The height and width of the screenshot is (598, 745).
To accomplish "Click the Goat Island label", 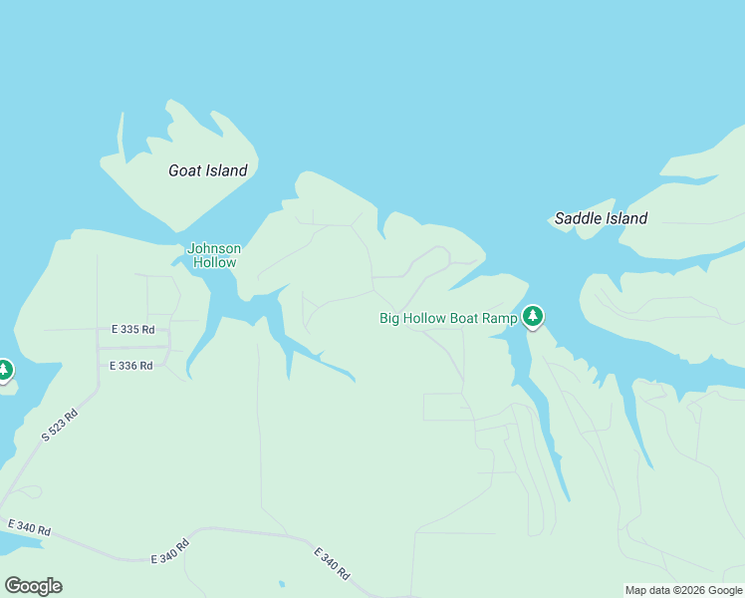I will pyautogui.click(x=207, y=170).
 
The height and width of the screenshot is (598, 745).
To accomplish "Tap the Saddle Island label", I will pyautogui.click(x=601, y=218).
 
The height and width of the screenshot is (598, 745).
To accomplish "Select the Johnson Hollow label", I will pyautogui.click(x=214, y=255).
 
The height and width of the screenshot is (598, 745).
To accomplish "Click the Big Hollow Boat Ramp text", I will pyautogui.click(x=448, y=319).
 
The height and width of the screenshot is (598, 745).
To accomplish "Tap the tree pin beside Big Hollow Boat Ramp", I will pyautogui.click(x=533, y=317).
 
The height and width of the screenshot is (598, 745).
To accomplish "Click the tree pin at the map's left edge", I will pyautogui.click(x=4, y=371).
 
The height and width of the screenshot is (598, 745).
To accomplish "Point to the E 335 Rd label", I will pyautogui.click(x=132, y=330).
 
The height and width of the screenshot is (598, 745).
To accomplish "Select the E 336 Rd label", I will pyautogui.click(x=130, y=366).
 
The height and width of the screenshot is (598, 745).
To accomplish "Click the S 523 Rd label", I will pyautogui.click(x=59, y=425).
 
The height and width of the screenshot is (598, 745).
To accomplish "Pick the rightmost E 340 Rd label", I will pyautogui.click(x=332, y=564).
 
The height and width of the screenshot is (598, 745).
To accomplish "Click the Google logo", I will pyautogui.click(x=33, y=586).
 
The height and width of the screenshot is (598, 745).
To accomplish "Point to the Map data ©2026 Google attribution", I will pyautogui.click(x=683, y=590).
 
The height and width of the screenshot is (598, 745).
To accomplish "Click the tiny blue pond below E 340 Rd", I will pyautogui.click(x=281, y=584).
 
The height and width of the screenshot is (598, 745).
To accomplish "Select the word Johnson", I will pyautogui.click(x=214, y=248).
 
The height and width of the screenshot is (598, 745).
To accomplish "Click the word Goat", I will pyautogui.click(x=185, y=170).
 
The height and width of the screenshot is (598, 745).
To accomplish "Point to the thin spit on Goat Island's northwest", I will pyautogui.click(x=122, y=135).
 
